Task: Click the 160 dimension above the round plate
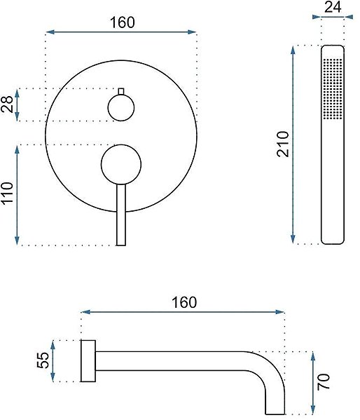click(123, 22)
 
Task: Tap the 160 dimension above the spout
click(184, 302)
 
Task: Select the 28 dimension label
click(7, 104)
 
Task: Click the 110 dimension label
click(7, 193)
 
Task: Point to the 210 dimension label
click(283, 144)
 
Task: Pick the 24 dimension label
click(333, 7)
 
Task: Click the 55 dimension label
click(43, 360)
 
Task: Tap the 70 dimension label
click(324, 381)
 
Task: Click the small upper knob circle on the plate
click(121, 108)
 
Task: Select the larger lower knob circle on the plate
click(121, 165)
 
